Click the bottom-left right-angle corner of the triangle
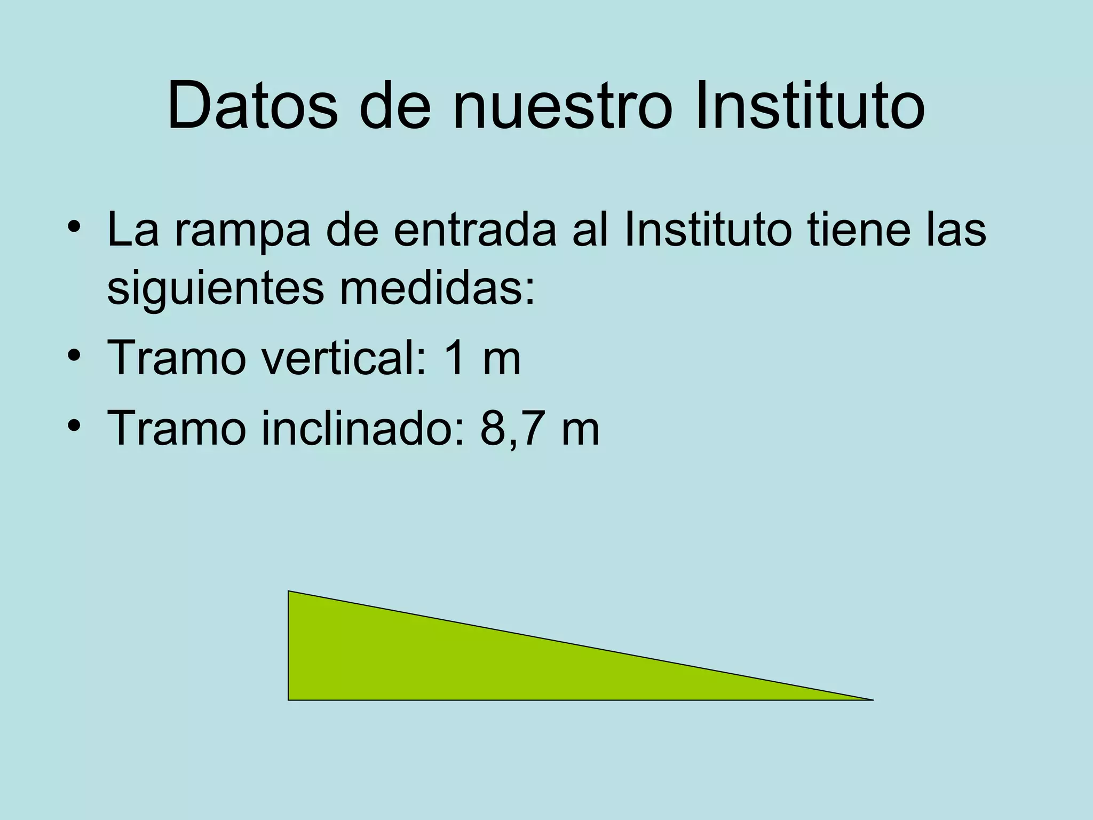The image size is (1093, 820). pos(289,699)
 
